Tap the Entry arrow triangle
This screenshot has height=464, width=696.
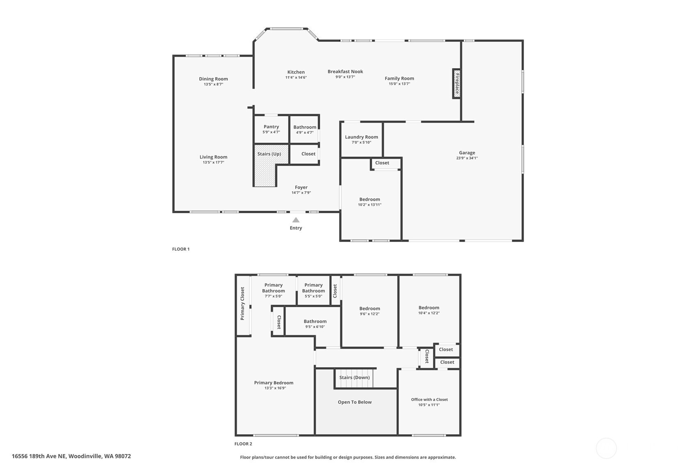(296, 220)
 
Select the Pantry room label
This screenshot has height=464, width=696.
(271, 127)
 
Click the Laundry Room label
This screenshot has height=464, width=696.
(361, 137)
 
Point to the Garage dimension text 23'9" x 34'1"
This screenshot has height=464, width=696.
(467, 158)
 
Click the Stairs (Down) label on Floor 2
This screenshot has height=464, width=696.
(354, 377)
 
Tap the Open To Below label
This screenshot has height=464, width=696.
(354, 402)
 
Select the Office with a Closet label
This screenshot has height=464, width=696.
(429, 400)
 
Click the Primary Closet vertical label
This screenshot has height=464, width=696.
(242, 303)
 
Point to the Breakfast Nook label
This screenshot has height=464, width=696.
(345, 71)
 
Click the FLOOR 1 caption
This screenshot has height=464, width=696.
(181, 249)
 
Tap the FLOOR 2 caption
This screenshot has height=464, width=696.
(243, 444)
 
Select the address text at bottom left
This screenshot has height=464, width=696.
(71, 456)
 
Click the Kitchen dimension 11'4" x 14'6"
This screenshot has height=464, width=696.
(296, 78)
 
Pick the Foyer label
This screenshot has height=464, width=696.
(301, 187)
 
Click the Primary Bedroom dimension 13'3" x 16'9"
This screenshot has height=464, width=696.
(275, 388)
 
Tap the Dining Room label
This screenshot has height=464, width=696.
(213, 79)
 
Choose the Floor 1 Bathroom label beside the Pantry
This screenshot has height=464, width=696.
(305, 127)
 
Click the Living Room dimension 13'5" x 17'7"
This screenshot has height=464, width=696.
(213, 162)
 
